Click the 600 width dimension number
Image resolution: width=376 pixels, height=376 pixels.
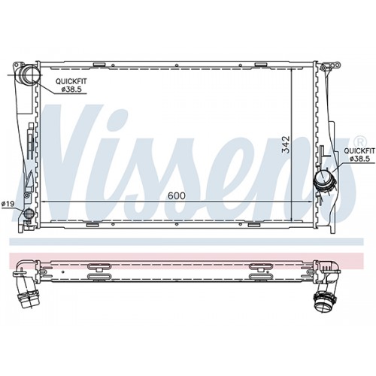click(x=177, y=196)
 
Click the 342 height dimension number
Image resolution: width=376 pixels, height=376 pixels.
click(x=286, y=144)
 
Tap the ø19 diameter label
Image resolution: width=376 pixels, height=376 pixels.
click(x=8, y=205)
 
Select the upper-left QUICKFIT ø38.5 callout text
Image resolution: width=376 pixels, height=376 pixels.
click(x=71, y=85)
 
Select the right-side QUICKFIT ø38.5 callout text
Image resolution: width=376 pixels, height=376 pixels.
click(x=359, y=155)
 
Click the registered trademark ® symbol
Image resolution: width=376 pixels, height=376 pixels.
click(x=359, y=141)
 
